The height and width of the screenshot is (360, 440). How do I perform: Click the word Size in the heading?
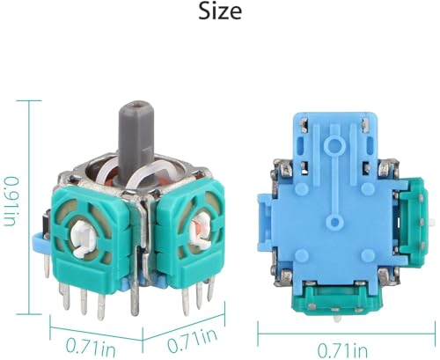220,11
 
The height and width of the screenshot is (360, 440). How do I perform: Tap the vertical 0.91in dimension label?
10,202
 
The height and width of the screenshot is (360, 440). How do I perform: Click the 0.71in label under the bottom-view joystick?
342,350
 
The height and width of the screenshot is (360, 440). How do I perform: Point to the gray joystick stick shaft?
136,143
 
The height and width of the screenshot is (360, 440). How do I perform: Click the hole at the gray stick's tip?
136,104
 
